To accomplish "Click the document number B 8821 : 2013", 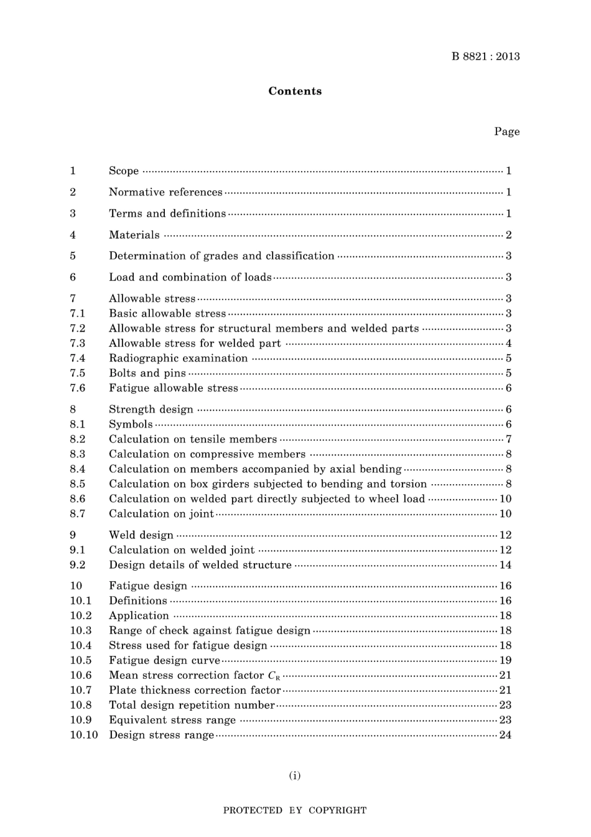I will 485,57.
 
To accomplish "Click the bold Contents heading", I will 295,91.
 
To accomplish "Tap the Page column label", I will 506,131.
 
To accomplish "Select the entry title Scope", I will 124,171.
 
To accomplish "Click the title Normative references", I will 165,192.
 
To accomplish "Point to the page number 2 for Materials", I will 508,235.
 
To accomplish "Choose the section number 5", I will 73,256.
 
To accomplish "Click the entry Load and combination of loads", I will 190,278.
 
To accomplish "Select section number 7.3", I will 77,344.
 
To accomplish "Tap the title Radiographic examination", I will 178,358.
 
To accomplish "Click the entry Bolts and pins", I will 147,373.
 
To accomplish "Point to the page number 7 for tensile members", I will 508,439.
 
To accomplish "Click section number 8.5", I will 77,484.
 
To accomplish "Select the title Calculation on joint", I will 161,514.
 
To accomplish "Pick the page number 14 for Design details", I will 505,565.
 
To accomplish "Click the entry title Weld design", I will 141,535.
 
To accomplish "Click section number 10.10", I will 83,735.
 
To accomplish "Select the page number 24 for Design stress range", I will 505,735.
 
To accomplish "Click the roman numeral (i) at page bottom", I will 295,775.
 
